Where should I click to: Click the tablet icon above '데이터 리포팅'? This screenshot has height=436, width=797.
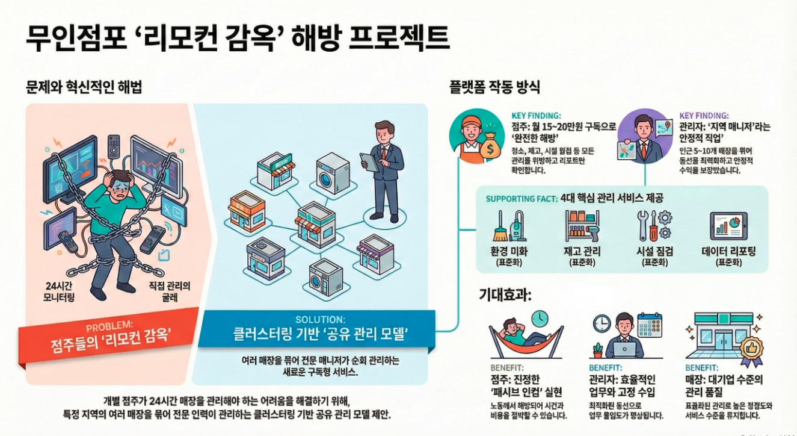pyautogui.click(x=728, y=225)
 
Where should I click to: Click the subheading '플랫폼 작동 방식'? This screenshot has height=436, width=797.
pyautogui.click(x=494, y=87)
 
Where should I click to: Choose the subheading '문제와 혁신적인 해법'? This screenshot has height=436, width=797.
pyautogui.click(x=84, y=88)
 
